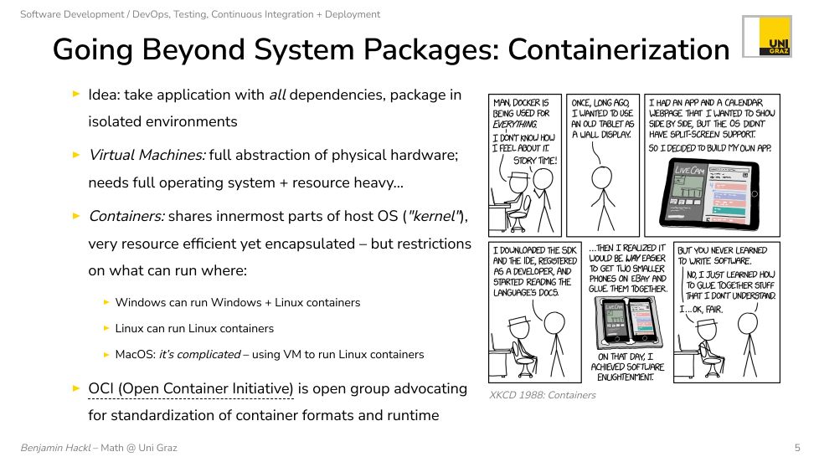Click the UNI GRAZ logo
point(767,36)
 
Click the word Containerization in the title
point(618,49)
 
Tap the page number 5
point(797,448)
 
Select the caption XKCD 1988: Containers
point(542,395)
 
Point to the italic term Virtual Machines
point(147,155)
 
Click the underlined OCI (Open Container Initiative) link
point(191,389)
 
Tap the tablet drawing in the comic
point(709,193)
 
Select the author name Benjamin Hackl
point(55,448)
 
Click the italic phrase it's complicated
point(199,355)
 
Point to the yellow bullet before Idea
point(76,94)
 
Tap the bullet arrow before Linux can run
point(106,328)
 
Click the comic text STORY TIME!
point(535,161)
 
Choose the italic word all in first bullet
point(277,95)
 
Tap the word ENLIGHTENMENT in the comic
point(626,377)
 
